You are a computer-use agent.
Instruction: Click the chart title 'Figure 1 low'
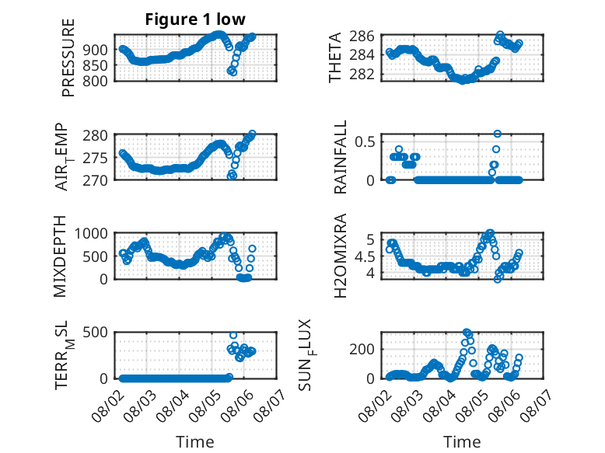pos(195,19)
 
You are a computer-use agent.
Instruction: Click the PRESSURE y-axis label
pos(68,57)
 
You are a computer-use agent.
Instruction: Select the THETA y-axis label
pos(335,57)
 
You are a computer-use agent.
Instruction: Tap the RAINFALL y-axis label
pos(341,157)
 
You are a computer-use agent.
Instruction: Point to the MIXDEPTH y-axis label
pos(60,256)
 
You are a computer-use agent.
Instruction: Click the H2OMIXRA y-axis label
pos(341,256)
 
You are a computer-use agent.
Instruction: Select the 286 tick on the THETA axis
pos(362,37)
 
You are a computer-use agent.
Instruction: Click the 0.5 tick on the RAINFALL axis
pos(365,142)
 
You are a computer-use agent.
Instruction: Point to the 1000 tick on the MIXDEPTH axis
pos(91,233)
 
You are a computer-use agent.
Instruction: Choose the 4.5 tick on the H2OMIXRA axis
pos(365,256)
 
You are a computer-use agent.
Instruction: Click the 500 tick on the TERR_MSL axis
pos(96,332)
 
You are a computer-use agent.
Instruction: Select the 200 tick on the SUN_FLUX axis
pos(362,350)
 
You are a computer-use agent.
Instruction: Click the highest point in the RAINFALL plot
pos(498,134)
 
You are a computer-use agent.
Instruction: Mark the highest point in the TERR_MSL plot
pos(233,335)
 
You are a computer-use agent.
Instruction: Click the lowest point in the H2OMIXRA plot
pos(498,279)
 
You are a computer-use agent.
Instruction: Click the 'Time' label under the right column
pos(462,441)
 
